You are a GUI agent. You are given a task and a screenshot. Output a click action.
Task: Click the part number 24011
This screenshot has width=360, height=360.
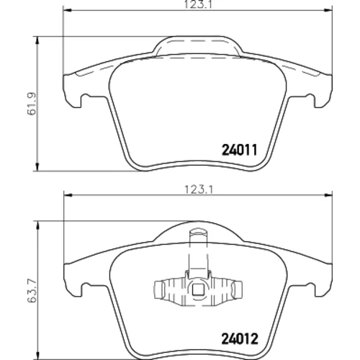(240, 150)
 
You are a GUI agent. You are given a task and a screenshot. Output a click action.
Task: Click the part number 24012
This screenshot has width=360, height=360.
(240, 339)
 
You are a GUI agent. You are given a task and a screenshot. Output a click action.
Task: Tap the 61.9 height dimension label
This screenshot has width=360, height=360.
(32, 104)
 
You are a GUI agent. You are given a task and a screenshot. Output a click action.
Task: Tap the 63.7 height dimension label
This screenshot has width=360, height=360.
(32, 290)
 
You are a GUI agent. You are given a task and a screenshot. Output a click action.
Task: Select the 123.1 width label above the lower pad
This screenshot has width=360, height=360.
(199, 190)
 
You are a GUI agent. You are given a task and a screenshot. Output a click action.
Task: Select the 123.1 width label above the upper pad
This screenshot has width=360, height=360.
(198, 5)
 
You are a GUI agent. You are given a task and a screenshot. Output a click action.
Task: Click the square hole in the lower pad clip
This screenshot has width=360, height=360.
(198, 289)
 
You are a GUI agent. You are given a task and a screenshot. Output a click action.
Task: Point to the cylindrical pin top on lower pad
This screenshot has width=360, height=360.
(198, 233)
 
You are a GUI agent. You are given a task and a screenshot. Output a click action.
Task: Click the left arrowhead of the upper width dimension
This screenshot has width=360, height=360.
(68, 10)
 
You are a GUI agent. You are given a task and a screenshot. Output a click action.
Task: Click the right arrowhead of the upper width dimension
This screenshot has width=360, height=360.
(328, 10)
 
